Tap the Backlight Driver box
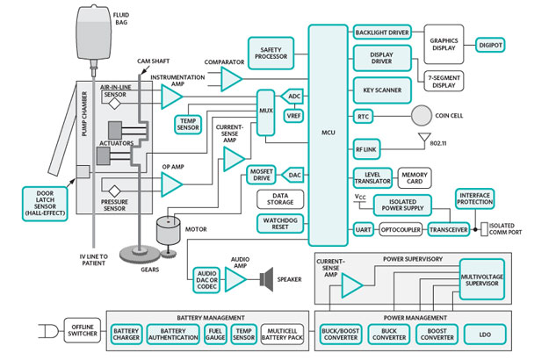click(383, 32)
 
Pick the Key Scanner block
click(383, 90)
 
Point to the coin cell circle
click(424, 116)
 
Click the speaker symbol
click(264, 280)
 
